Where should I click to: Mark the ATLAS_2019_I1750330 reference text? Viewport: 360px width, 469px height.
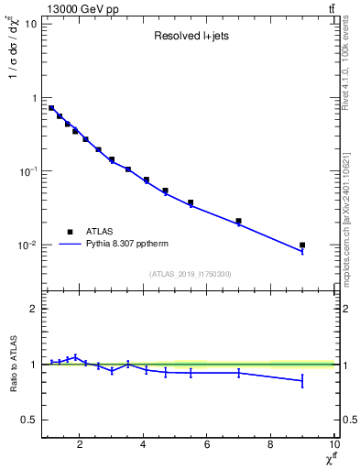click(x=190, y=274)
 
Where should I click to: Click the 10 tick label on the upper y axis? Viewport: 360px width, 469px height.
click(x=30, y=24)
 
